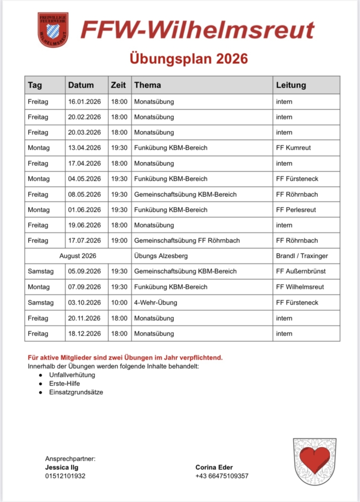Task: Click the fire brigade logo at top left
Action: click(53, 30)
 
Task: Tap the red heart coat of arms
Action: click(314, 461)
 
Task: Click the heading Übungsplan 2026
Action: click(189, 59)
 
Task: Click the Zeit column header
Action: click(118, 85)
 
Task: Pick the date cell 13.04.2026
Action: click(84, 148)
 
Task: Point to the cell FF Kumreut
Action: click(293, 148)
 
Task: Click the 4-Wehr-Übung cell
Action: click(155, 303)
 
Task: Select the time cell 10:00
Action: click(119, 303)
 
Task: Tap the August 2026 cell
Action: click(77, 256)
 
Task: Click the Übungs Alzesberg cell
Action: click(161, 256)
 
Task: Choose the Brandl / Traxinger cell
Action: click(302, 256)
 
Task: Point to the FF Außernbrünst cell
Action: click(301, 271)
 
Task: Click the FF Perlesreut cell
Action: click(296, 210)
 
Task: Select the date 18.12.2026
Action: click(84, 334)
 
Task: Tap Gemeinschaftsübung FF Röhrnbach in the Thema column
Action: click(187, 240)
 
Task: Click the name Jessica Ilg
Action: click(61, 467)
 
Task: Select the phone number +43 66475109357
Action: click(222, 476)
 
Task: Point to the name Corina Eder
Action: click(214, 467)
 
